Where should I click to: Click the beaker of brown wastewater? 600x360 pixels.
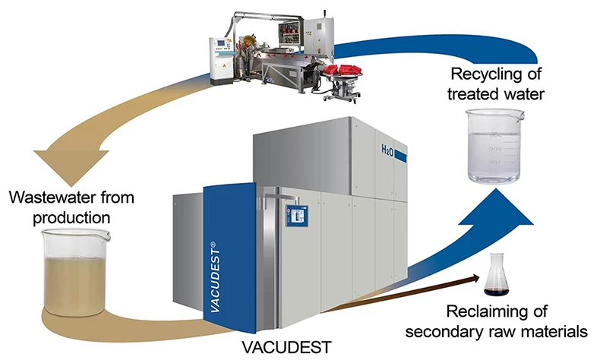(74, 273)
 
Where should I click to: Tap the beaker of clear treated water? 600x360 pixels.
(494, 146)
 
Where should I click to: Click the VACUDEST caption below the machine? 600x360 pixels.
(286, 347)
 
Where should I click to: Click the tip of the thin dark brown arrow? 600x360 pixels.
(480, 277)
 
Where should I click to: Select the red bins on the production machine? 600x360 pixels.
(342, 70)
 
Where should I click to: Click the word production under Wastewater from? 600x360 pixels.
(71, 218)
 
